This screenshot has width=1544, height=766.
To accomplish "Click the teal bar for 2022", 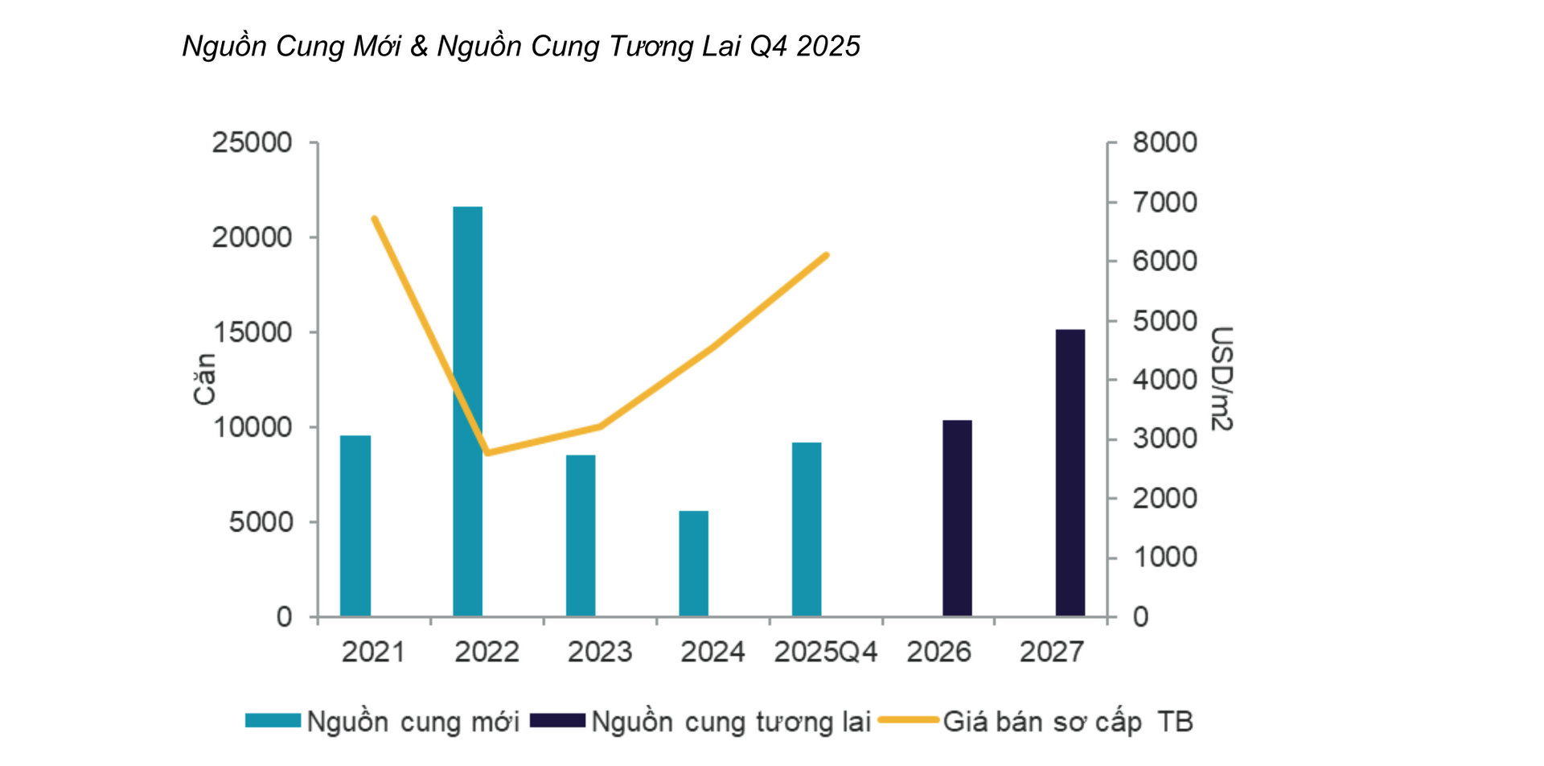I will tap(467, 411).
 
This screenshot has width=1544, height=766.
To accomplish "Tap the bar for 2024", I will tap(693, 563).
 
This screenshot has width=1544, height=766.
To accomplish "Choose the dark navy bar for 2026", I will tap(957, 518).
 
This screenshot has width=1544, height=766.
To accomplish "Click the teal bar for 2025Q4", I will tap(807, 529).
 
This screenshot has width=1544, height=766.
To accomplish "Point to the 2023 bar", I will tap(581, 535).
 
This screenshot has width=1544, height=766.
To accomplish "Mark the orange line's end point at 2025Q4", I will tap(827, 255).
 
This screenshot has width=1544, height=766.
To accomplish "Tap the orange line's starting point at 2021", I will tap(374, 218).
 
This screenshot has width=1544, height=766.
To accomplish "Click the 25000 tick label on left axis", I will tap(252, 142).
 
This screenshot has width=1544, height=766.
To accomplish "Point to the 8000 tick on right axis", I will tap(1164, 142).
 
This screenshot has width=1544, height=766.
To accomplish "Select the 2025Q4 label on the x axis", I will tap(826, 652).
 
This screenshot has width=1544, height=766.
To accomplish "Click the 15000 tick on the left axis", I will tap(252, 332).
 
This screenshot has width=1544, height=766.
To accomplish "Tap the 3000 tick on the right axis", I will tap(1164, 439).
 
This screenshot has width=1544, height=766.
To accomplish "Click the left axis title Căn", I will tap(204, 378).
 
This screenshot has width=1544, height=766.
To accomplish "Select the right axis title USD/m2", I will tap(1221, 378).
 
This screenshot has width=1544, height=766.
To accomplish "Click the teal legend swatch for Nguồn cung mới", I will tap(273, 721).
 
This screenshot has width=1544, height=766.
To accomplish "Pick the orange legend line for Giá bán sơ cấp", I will tap(908, 720).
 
